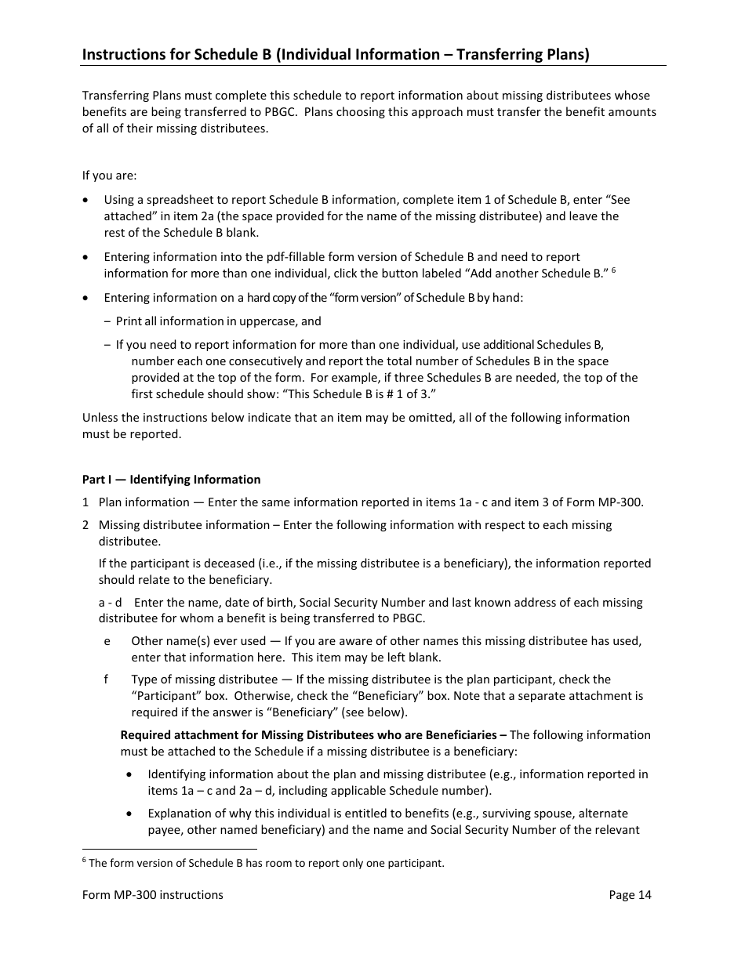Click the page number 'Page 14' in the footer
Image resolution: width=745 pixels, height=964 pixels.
click(x=630, y=895)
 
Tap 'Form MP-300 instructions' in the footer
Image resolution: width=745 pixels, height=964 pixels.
click(x=153, y=895)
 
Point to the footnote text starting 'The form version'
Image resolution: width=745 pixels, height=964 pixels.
click(x=267, y=864)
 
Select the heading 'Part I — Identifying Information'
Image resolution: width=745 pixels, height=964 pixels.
click(x=172, y=480)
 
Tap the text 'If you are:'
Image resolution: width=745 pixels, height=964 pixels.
click(x=109, y=176)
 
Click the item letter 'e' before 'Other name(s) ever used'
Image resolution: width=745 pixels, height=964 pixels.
click(x=107, y=641)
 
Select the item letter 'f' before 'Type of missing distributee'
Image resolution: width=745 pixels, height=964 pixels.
click(x=107, y=680)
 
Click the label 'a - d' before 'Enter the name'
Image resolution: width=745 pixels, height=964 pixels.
click(x=110, y=603)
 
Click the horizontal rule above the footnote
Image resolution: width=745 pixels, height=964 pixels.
click(x=169, y=849)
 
